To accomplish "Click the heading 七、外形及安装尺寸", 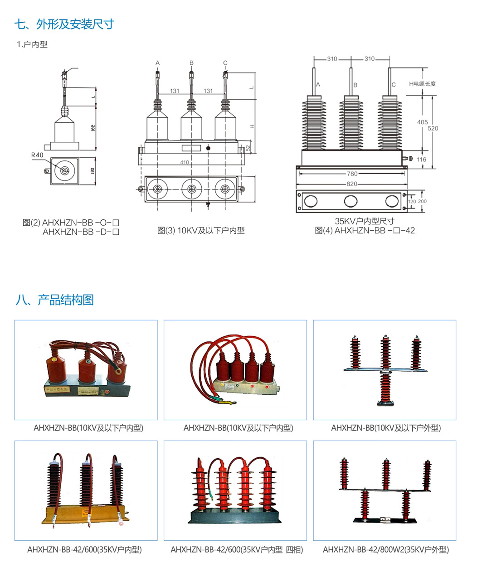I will point(64,24).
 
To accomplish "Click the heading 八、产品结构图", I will point(54,300).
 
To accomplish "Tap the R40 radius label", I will point(37,155).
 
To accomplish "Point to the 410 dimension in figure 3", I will point(185,162).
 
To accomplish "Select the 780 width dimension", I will point(352,174).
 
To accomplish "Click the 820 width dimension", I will point(351,184).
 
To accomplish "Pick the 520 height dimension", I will point(433,128).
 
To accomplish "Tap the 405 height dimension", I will point(422,122).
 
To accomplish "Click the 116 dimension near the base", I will point(421,160).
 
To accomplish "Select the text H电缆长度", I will point(422,84).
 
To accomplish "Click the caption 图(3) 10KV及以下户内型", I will point(201,231).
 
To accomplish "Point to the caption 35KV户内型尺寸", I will point(365,221).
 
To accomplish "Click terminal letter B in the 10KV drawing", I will point(191,63).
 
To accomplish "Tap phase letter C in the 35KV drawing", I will point(394,85).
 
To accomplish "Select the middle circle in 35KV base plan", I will point(351,201).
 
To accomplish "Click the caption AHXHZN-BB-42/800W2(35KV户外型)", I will point(385,550).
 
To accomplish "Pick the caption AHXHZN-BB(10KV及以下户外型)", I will point(385,428).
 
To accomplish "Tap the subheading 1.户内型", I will point(32,44).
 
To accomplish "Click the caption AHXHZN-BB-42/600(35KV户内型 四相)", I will point(237,550).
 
